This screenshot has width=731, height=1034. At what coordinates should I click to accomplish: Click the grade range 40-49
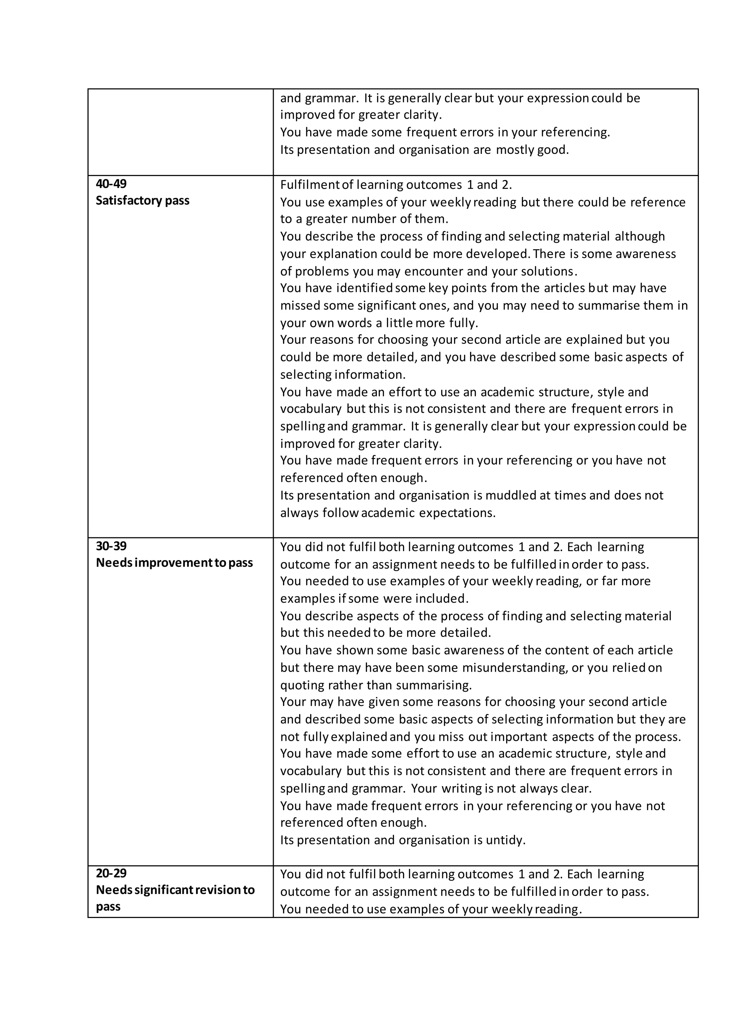point(111,184)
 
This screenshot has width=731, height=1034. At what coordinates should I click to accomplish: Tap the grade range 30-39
point(111,546)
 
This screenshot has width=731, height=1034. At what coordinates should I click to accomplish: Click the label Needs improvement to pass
point(174,563)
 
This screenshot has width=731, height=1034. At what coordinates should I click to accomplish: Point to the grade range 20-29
point(111,873)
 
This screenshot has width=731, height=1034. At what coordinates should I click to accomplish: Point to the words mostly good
point(532,150)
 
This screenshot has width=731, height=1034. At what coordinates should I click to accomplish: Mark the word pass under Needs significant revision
point(108,907)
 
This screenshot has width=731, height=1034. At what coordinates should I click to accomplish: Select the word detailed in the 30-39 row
point(465,633)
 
